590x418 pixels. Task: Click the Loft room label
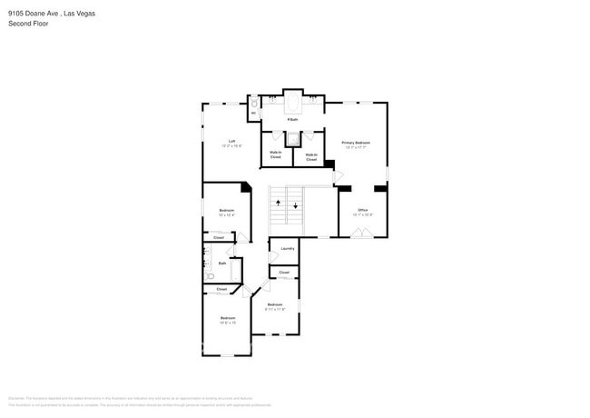coord(232,141)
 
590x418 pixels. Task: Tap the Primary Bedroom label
coord(356,143)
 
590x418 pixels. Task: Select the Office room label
coord(362,210)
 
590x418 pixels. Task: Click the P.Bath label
coord(292,119)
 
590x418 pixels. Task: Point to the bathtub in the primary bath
coord(292,102)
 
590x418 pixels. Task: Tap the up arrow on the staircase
coord(279,204)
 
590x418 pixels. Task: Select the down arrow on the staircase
coord(296,205)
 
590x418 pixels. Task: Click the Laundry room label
coord(287,248)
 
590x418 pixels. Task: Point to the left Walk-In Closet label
coord(275,155)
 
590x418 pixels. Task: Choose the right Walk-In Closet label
coord(310,155)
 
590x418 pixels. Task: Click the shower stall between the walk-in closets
coord(292,139)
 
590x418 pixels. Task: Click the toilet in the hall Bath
coord(210,276)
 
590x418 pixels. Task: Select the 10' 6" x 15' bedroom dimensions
coord(227,323)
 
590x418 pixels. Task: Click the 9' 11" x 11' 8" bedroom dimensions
coord(274,309)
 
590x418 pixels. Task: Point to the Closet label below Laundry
coord(284,273)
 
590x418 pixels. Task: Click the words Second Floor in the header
coord(28,24)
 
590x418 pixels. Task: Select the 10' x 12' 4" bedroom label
coord(227,212)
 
